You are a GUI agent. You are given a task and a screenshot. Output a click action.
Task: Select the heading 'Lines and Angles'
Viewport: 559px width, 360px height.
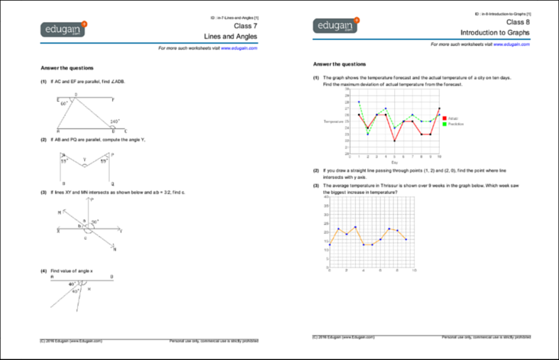(231, 36)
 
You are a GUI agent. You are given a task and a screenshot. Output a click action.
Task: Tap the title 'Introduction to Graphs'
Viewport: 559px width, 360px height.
(496, 34)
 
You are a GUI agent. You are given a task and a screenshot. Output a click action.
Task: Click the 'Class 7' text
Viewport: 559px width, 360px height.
(245, 25)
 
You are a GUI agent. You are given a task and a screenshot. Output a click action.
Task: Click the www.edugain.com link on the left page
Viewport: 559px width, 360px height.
(238, 47)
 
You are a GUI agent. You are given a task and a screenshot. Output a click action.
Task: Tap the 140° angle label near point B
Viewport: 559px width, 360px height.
(115, 122)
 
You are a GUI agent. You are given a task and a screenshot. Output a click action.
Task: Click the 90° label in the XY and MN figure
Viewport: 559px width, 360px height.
(95, 222)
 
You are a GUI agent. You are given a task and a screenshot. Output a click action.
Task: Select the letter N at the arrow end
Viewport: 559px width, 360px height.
(114, 250)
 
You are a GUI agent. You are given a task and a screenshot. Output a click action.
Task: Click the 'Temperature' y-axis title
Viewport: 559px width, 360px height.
(334, 122)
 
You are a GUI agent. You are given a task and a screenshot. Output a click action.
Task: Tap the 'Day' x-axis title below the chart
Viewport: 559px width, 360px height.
(394, 162)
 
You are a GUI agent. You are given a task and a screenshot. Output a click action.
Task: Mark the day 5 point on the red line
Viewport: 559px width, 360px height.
(395, 141)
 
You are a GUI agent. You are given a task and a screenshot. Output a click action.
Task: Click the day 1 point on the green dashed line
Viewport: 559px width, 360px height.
(358, 102)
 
